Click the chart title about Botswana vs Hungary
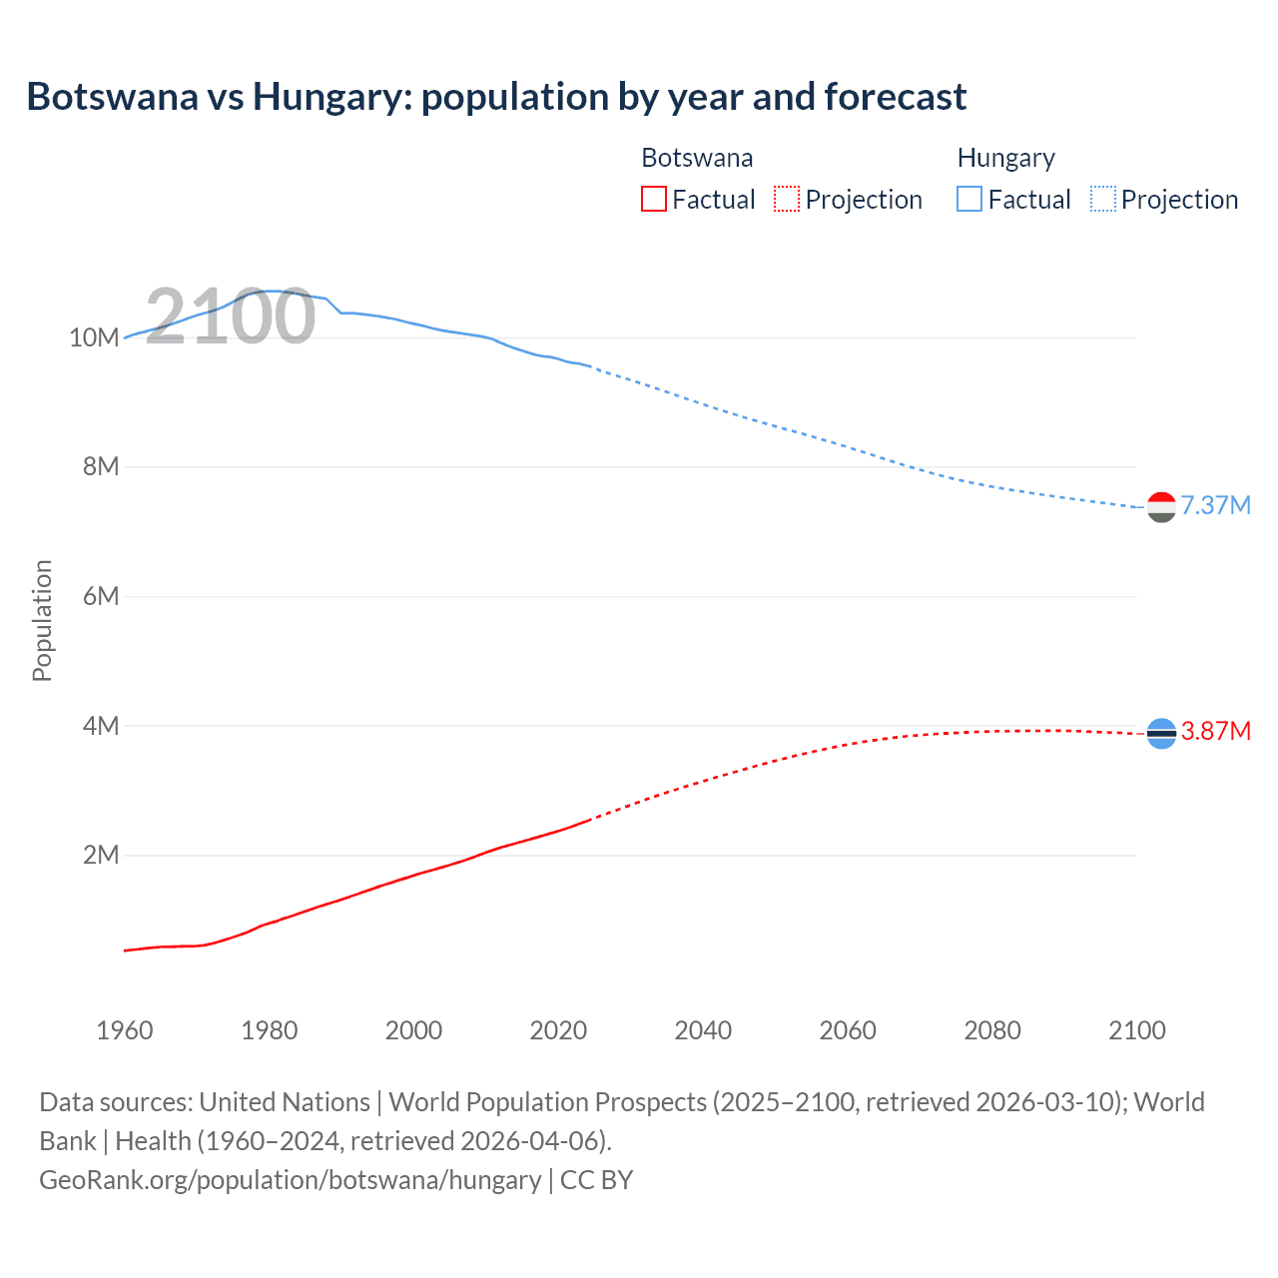point(496,97)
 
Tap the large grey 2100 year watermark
point(231,317)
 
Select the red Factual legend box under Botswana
point(654,199)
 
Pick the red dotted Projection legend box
point(787,199)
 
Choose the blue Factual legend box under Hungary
point(969,199)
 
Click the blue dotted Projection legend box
point(1102,199)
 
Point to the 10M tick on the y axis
point(94,337)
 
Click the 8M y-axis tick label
point(101,466)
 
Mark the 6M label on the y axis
point(101,596)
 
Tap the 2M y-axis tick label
point(101,855)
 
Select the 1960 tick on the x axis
point(125,1030)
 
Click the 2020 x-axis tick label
point(558,1030)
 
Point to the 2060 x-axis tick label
point(848,1030)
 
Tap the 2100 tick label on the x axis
point(1136,1030)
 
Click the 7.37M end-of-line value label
point(1215,505)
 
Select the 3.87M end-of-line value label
point(1215,731)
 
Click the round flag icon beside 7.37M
point(1161,507)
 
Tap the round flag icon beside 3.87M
point(1161,734)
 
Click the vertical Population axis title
point(42,620)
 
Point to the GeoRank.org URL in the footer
point(290,1179)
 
